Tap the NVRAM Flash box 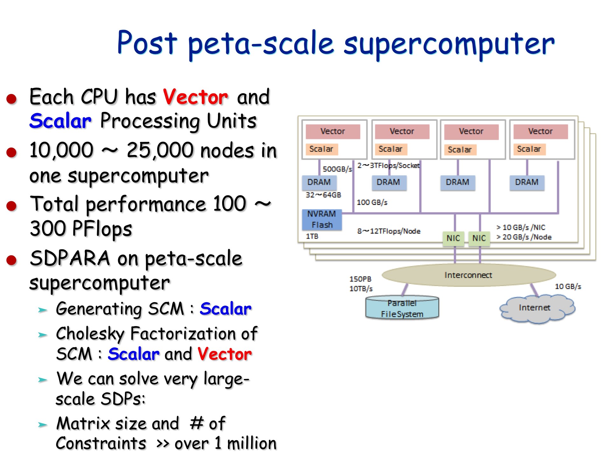[322, 219]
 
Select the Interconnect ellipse [468, 275]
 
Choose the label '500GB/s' [337, 169]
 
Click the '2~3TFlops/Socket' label [389, 165]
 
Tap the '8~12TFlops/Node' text [389, 231]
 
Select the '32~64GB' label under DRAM [323, 195]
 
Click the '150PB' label [360, 279]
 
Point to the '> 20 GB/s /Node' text [524, 237]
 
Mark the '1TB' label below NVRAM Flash [312, 236]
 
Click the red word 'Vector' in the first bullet [195, 97]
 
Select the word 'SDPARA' [70, 258]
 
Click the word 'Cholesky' [90, 334]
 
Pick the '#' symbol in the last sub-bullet [196, 423]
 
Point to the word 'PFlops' [102, 229]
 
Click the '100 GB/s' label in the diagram [372, 202]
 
